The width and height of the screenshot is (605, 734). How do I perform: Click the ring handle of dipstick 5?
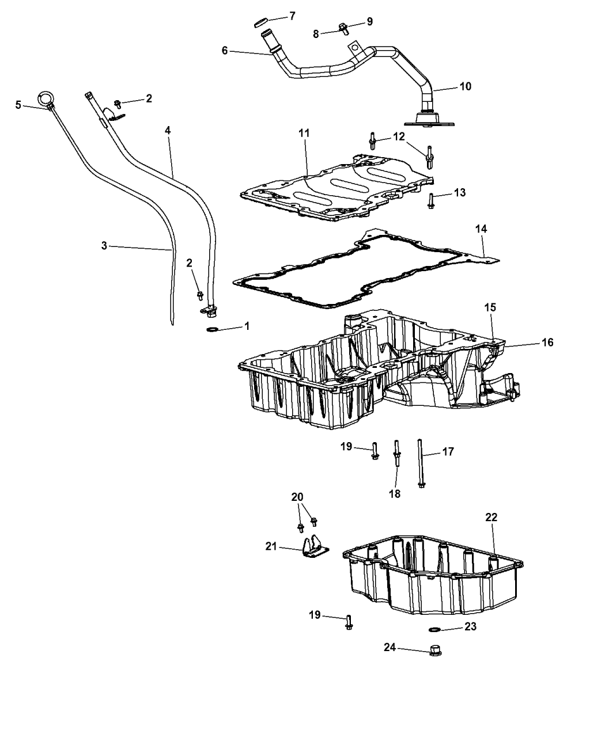click(x=45, y=98)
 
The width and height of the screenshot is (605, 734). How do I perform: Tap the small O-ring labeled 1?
click(x=211, y=330)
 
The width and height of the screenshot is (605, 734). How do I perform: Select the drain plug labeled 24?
click(x=436, y=652)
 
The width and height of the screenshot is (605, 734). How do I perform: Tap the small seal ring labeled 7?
click(x=260, y=22)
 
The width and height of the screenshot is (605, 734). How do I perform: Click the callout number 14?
click(x=481, y=229)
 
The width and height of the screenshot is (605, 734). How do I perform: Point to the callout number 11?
click(x=304, y=133)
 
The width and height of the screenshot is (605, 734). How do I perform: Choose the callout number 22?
click(x=490, y=517)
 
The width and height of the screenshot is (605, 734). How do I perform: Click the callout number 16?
click(x=547, y=343)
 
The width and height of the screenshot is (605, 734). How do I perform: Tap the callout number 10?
click(x=465, y=86)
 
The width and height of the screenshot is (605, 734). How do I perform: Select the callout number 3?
click(x=104, y=246)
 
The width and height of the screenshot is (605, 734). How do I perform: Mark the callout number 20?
click(x=297, y=497)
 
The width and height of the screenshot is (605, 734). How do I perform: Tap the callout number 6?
click(x=225, y=51)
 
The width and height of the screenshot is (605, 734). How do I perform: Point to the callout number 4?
click(x=168, y=131)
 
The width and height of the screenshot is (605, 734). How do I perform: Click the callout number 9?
click(x=369, y=21)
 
